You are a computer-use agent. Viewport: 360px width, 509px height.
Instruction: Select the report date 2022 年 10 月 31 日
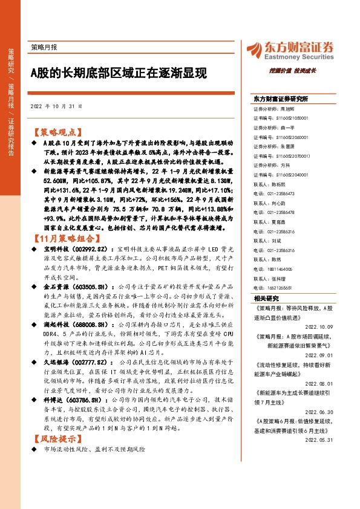tap(56, 107)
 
